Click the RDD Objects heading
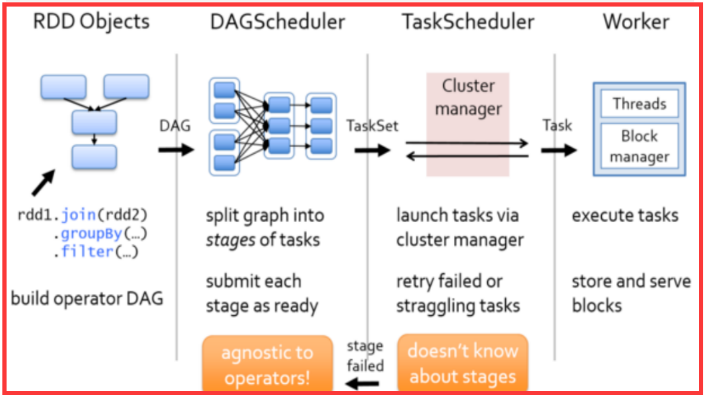click(x=91, y=22)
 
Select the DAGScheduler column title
click(x=277, y=22)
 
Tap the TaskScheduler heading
click(x=468, y=22)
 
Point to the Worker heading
click(x=636, y=22)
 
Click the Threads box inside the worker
click(x=639, y=104)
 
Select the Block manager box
click(x=639, y=147)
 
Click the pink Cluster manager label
click(x=468, y=97)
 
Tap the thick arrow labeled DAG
click(x=177, y=149)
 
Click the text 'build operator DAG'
click(x=87, y=298)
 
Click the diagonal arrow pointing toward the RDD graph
click(x=43, y=182)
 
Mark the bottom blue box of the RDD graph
click(x=94, y=157)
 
